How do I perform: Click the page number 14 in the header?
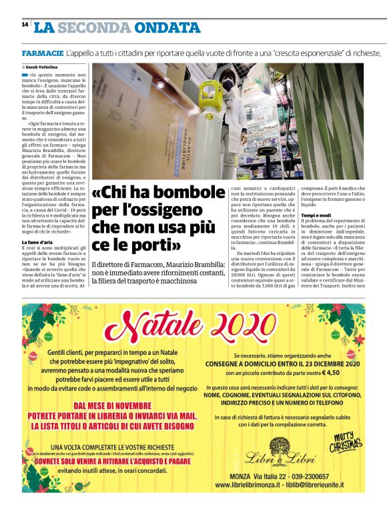25,25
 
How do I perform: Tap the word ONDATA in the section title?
167,28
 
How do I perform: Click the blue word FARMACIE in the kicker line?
43,53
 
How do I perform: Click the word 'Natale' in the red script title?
161,325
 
